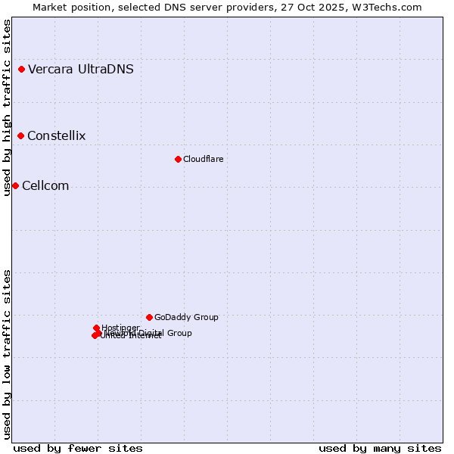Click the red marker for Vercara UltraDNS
point(21,70)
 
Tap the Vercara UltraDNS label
point(81,70)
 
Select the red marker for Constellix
point(20,136)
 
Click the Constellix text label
point(56,136)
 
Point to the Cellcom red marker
point(15,186)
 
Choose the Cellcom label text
point(45,186)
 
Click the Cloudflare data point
point(178,159)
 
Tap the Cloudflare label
point(203,159)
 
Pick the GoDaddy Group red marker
point(149,317)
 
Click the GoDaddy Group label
point(186,317)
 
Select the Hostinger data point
point(96,328)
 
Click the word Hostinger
point(121,328)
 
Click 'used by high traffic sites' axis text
point(8,107)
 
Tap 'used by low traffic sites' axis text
point(8,354)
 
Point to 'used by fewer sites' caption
point(78,449)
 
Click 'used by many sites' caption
point(380,449)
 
